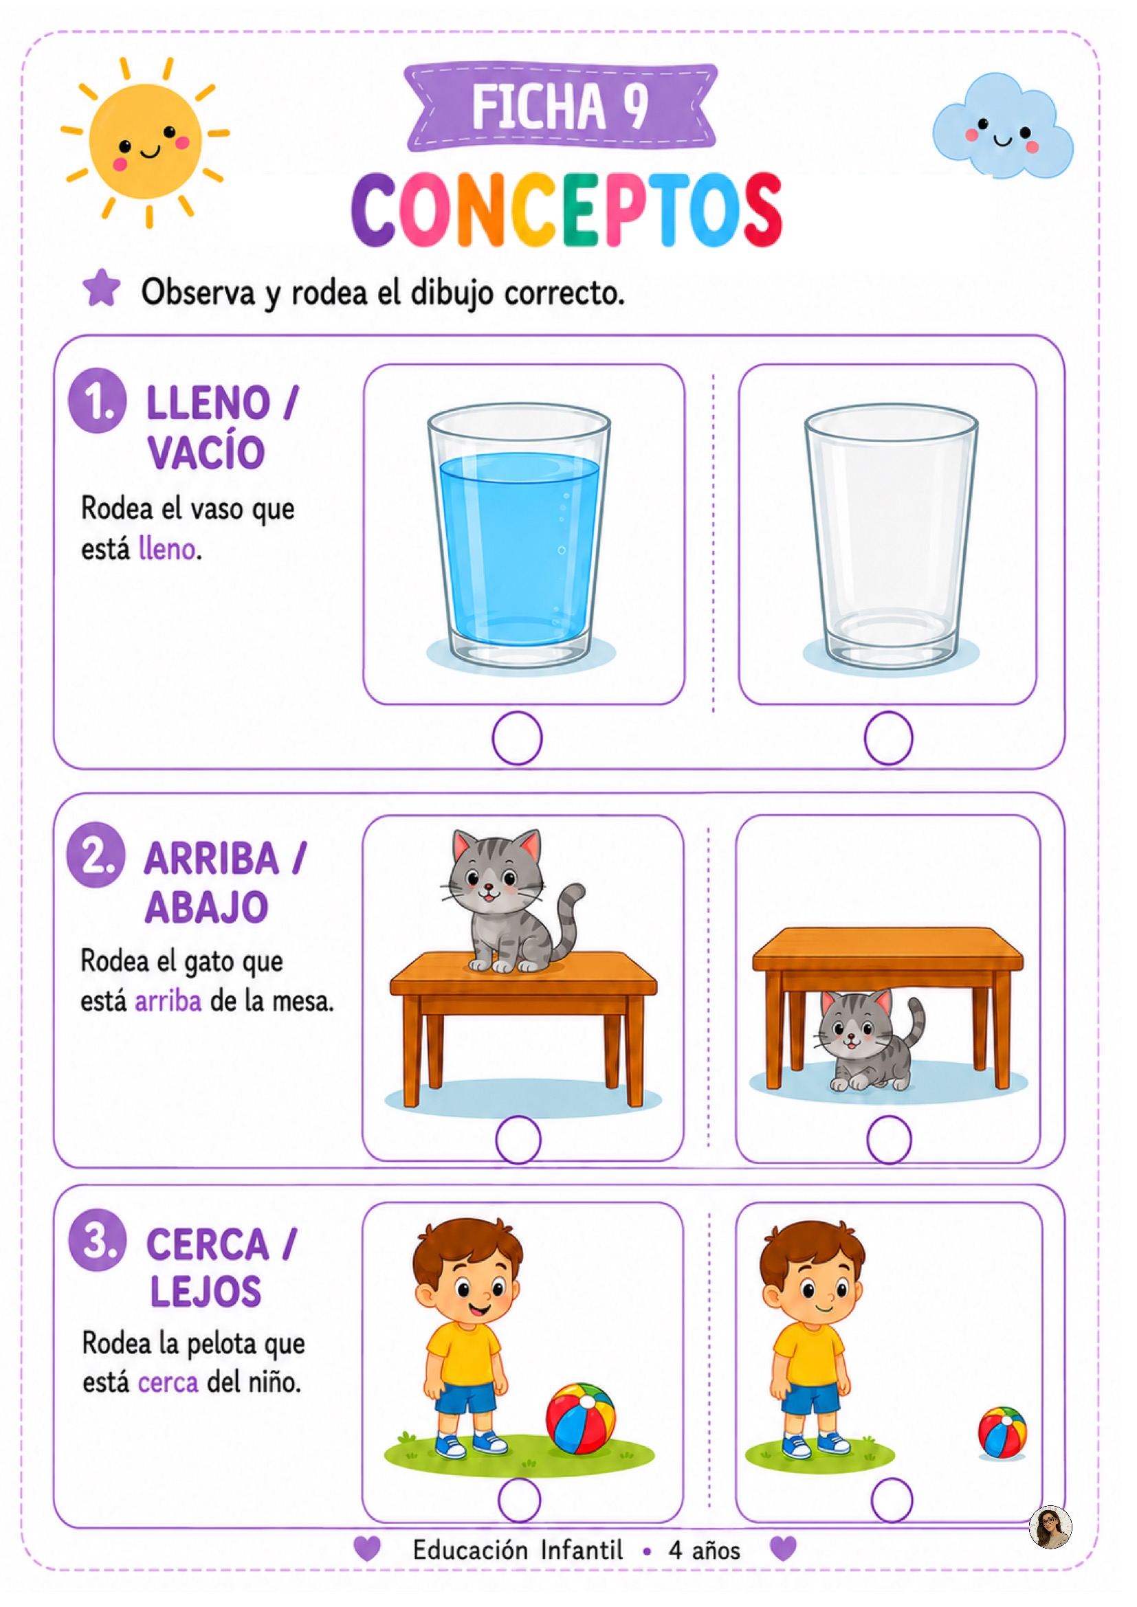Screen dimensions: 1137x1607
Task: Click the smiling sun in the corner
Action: coord(146,143)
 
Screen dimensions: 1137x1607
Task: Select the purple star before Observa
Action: coord(102,289)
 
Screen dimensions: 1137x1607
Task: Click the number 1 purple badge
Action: coord(98,401)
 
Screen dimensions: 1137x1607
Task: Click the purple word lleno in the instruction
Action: coord(166,549)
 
